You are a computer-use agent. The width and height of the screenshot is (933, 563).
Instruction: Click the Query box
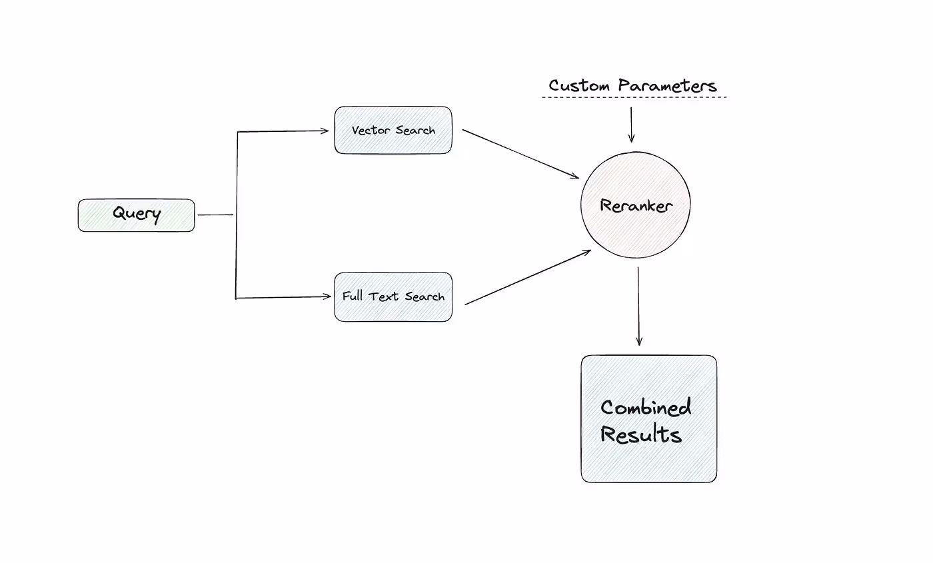click(136, 215)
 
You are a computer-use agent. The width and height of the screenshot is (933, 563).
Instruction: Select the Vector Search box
click(393, 131)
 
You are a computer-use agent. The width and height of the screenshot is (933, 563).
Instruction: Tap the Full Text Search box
click(393, 297)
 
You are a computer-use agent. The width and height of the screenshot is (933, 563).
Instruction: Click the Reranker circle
click(635, 205)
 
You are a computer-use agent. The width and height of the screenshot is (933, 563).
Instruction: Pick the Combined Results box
click(648, 418)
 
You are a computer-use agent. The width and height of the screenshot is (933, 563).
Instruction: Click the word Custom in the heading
click(579, 86)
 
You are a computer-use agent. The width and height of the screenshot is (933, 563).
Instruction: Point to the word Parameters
click(666, 86)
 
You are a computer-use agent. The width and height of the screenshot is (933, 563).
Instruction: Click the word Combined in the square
click(645, 407)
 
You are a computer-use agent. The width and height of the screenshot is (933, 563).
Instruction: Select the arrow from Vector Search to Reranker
click(520, 154)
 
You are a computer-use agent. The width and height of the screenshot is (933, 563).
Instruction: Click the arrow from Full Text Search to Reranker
click(527, 278)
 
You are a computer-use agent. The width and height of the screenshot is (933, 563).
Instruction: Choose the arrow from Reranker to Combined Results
click(638, 306)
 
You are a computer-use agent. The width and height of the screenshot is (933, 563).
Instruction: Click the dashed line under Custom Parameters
click(634, 98)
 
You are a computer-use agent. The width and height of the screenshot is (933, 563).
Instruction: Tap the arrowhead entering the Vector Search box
click(326, 131)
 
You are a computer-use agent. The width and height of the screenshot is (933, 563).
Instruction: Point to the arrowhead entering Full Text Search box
click(326, 297)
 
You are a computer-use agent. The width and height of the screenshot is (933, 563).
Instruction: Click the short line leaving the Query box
click(215, 215)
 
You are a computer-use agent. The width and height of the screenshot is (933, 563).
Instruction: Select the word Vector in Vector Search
click(372, 131)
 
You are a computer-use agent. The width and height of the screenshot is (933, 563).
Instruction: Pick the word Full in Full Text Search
click(353, 296)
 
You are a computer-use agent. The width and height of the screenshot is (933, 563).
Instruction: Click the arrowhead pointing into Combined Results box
click(638, 342)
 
